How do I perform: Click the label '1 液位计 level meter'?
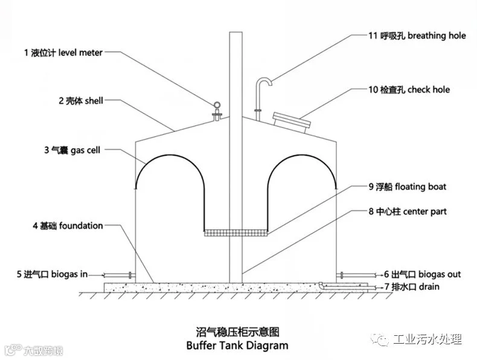[63, 53]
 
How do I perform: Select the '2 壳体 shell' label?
[81, 100]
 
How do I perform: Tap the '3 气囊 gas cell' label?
[72, 150]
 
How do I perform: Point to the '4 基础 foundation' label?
[68, 226]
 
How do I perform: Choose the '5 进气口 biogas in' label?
[52, 274]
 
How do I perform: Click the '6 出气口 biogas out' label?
[423, 274]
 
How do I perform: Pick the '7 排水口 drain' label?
[412, 287]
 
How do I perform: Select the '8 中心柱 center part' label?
[408, 211]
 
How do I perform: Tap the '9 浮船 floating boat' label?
[408, 187]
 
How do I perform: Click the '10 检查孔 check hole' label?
[409, 90]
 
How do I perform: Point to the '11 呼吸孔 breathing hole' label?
[417, 36]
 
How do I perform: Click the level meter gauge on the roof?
[217, 111]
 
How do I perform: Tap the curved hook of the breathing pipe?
[264, 81]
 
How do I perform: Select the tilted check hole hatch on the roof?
[292, 123]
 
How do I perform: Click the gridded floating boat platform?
[236, 233]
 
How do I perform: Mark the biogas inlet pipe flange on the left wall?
[130, 275]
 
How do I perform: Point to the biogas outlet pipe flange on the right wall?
[341, 275]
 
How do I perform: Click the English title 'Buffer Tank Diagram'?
[237, 346]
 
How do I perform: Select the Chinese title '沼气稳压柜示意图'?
[237, 332]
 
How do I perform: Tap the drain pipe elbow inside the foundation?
[322, 285]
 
